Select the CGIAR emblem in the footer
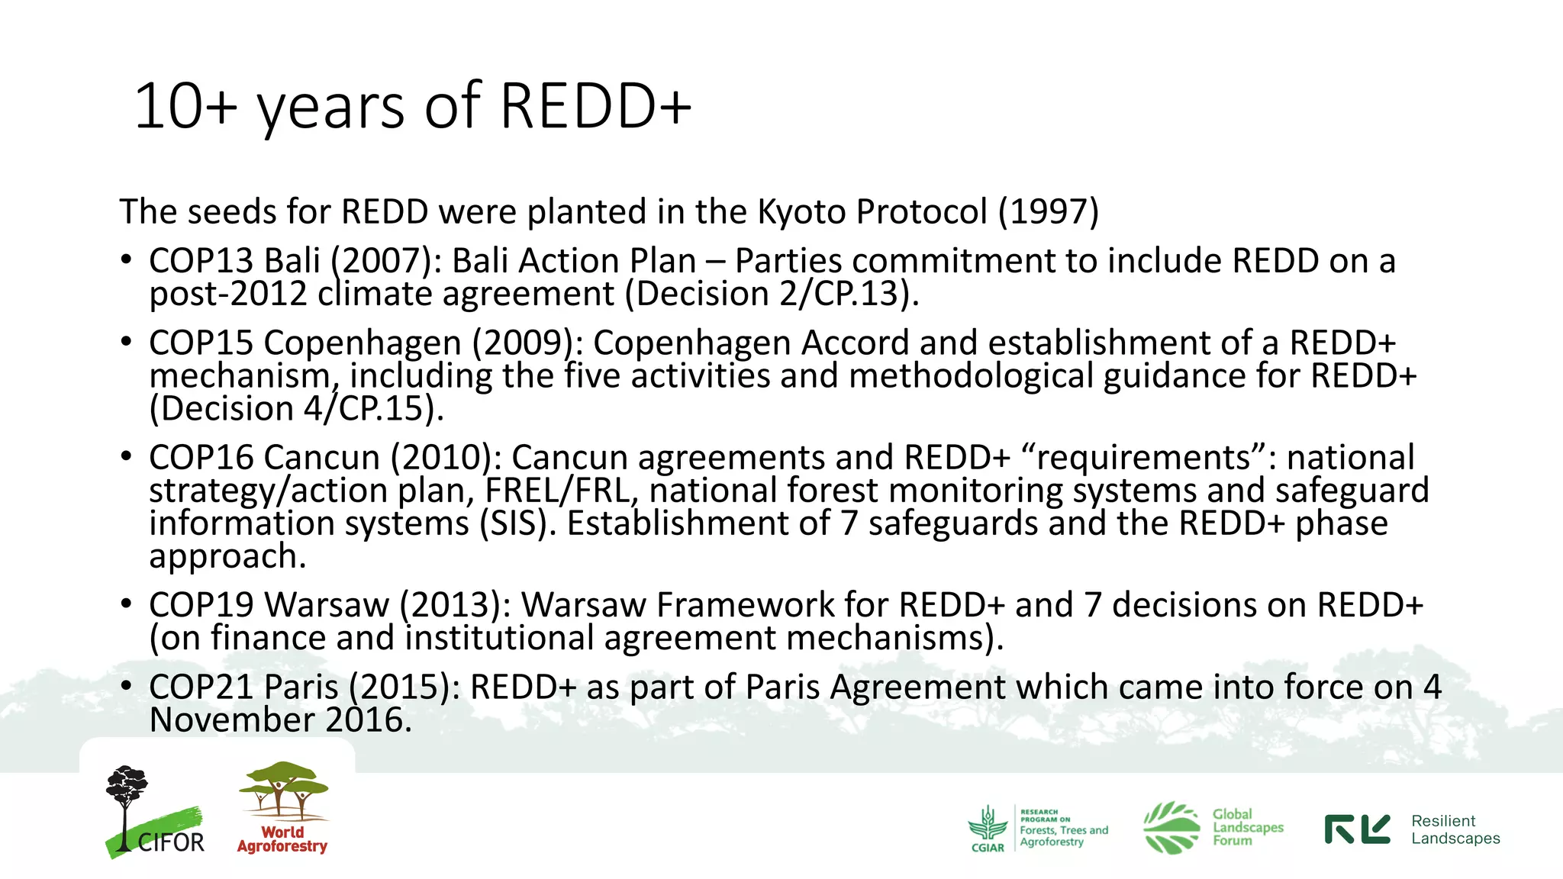pyautogui.click(x=988, y=828)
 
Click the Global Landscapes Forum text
pyautogui.click(x=1248, y=827)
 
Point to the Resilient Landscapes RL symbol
pyautogui.click(x=1357, y=829)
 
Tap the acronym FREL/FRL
pyautogui.click(x=561, y=490)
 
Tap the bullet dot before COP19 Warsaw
pyautogui.click(x=127, y=604)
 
